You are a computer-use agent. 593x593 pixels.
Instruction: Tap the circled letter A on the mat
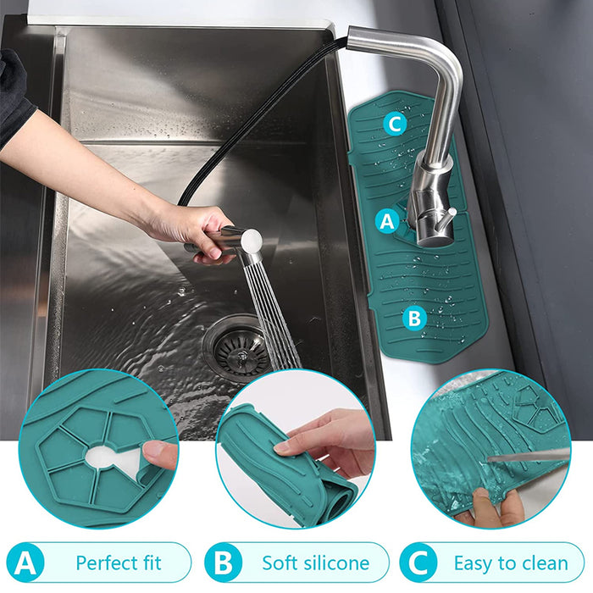(x=388, y=221)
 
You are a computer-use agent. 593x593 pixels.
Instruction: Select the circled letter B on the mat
(x=413, y=319)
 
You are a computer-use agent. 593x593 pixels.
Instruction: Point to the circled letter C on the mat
(x=394, y=125)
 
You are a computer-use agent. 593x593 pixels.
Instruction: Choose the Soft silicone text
(x=315, y=563)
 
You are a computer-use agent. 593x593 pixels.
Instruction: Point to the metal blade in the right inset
(x=529, y=457)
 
